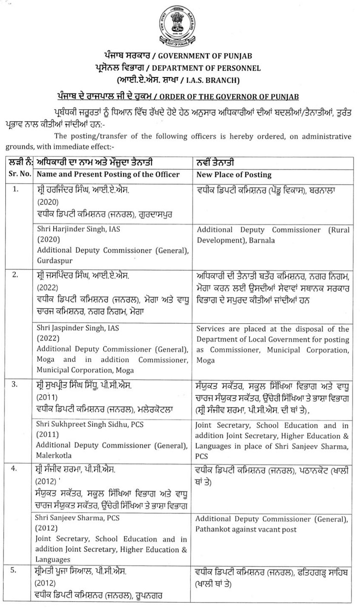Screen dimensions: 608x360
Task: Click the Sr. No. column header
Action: [20, 175]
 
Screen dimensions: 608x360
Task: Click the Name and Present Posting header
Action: [108, 175]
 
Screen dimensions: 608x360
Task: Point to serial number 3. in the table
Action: [17, 383]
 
